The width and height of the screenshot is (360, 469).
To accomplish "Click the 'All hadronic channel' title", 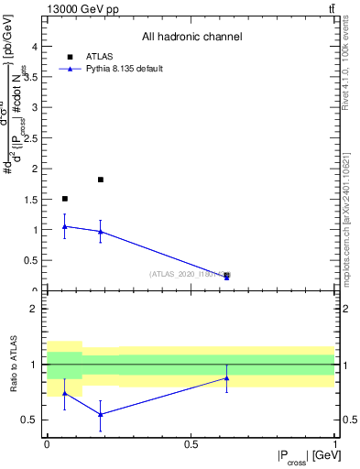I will (191, 38).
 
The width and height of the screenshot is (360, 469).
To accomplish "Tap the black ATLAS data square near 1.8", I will (101, 180).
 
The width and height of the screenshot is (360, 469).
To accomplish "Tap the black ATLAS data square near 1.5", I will (64, 199).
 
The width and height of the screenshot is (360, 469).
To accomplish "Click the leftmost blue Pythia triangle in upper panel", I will (64, 226).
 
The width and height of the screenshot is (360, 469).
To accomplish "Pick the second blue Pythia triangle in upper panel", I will (101, 232).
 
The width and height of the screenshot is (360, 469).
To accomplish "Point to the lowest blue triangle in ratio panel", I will (101, 414).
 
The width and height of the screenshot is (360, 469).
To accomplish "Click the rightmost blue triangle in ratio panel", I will (227, 377).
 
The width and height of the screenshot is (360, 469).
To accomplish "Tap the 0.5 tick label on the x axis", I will (191, 444).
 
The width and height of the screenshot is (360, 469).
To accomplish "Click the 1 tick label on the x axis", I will (334, 444).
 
